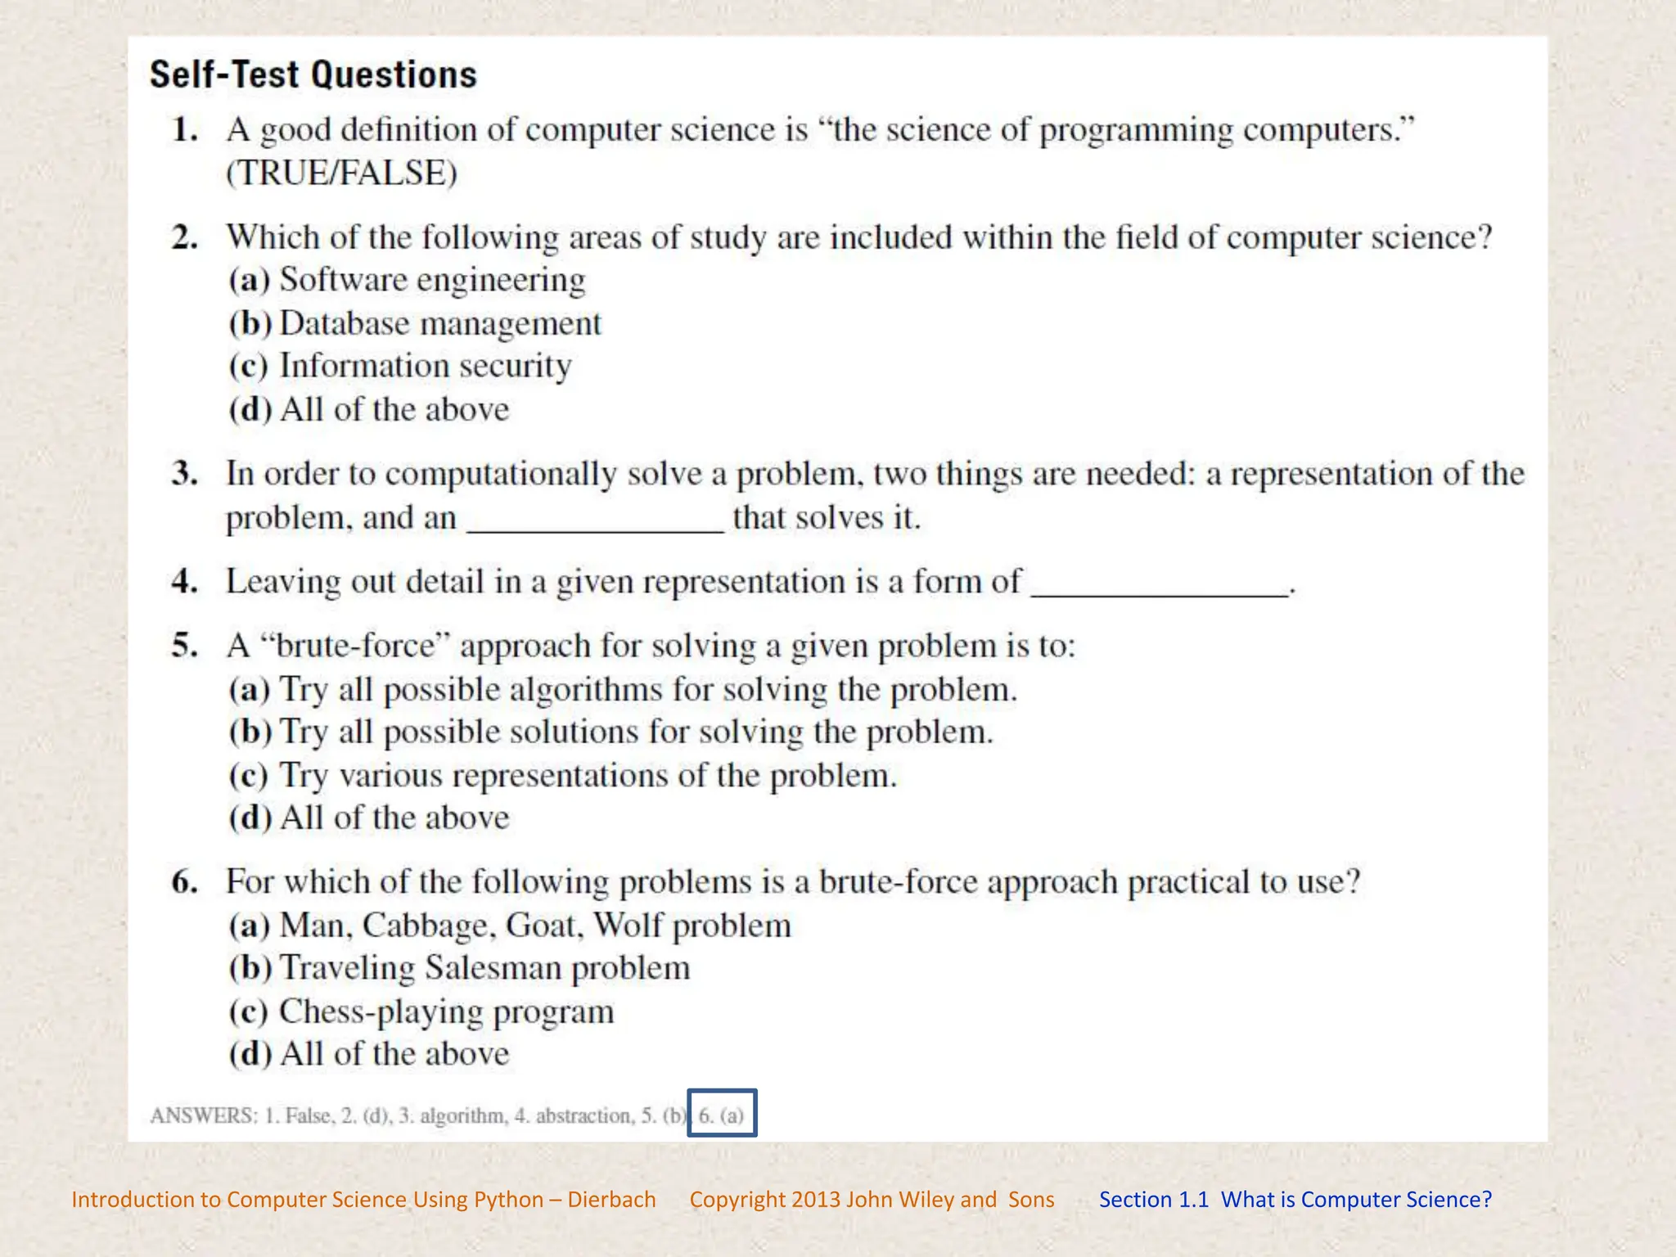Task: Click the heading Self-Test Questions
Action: (x=313, y=74)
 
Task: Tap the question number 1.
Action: (x=185, y=130)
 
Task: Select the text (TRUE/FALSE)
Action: (x=341, y=173)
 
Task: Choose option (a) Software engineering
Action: (x=407, y=280)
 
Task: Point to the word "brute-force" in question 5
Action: (x=355, y=646)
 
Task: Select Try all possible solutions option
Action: (x=610, y=732)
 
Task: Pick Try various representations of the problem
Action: (x=562, y=776)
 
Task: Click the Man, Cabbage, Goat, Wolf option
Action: (x=510, y=926)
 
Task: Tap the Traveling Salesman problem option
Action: (x=459, y=968)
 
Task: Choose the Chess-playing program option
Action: (x=421, y=1011)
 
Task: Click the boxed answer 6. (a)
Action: (x=721, y=1115)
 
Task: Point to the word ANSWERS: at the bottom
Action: (x=203, y=1115)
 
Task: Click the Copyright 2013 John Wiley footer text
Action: (x=872, y=1200)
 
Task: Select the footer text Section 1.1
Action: (x=1153, y=1200)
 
